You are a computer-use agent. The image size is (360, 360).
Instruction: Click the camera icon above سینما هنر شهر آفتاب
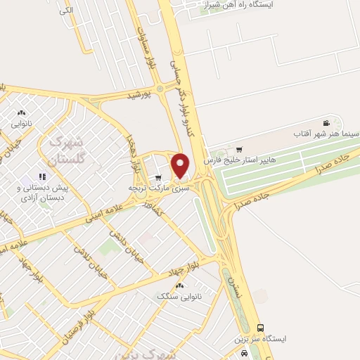pyautogui.click(x=325, y=122)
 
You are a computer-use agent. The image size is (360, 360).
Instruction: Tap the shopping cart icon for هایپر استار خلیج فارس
pyautogui.click(x=240, y=150)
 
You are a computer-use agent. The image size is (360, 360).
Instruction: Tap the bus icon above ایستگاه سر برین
pyautogui.click(x=261, y=328)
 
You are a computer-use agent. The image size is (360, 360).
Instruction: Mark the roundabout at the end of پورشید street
pyautogui.click(x=160, y=88)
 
